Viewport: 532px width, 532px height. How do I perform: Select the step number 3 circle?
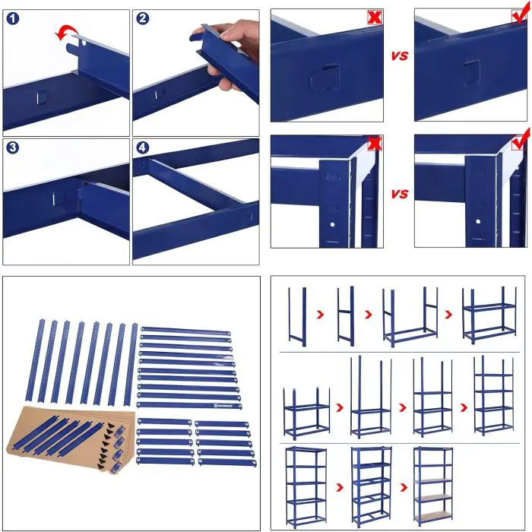tap(12, 148)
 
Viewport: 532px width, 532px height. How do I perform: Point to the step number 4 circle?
tap(142, 148)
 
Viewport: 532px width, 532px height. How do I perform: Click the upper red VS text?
tap(400, 56)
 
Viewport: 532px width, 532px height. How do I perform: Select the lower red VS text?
tap(400, 195)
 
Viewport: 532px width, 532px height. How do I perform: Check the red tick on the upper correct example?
tap(520, 15)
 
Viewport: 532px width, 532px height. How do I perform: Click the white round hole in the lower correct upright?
tap(477, 221)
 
